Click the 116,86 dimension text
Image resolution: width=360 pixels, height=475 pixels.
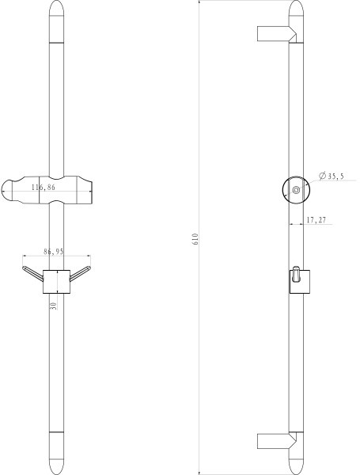click(44, 188)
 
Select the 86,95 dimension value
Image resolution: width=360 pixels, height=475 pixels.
click(54, 251)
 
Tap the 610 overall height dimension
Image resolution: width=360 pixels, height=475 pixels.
click(195, 240)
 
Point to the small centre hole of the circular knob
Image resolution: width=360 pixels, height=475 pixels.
click(296, 190)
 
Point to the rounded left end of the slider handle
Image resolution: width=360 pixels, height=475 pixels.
click(9, 189)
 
